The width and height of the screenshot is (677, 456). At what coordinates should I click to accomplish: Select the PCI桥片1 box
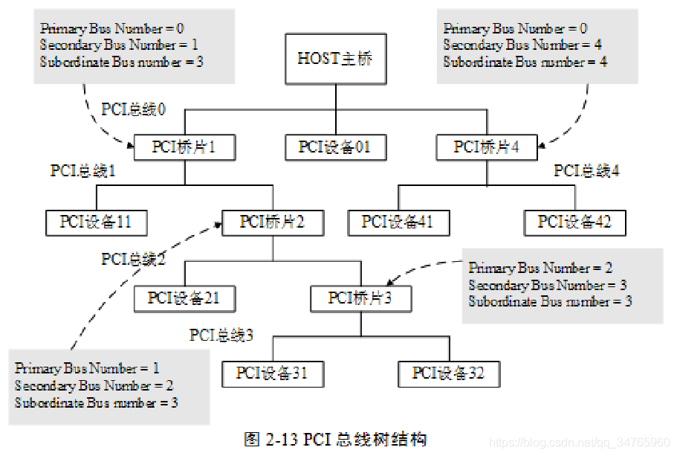pos(184,147)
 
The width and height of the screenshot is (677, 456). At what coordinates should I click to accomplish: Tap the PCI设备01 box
pos(334,147)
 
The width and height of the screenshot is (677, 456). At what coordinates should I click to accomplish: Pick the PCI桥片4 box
pos(487,147)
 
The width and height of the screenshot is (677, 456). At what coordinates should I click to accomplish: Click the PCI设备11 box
pos(95,222)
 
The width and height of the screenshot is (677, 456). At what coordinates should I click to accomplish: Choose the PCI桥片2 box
pos(272,222)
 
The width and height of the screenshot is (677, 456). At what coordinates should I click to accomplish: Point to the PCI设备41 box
pos(398,222)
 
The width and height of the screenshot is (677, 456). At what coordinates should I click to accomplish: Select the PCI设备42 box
pos(574,222)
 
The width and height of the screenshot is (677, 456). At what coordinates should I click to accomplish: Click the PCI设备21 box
pos(184,298)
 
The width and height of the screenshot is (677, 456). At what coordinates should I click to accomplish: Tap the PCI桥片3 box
pos(360,298)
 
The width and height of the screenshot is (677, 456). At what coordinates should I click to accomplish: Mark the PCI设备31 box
pos(272,373)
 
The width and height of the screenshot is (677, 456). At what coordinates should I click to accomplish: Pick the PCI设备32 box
pos(448,373)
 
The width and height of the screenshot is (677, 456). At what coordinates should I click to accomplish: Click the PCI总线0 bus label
pos(134,109)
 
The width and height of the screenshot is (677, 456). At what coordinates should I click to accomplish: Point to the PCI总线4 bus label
pos(586,171)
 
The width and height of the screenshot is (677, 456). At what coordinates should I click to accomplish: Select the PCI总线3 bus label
pos(221,335)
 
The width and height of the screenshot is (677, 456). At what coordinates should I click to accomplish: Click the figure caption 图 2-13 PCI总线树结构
pos(336,438)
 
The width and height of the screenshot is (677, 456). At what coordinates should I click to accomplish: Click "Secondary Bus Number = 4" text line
pos(522,45)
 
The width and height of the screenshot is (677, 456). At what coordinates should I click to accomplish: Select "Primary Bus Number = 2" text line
pos(540,268)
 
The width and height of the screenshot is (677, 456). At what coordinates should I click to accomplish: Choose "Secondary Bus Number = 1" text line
pos(119,45)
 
